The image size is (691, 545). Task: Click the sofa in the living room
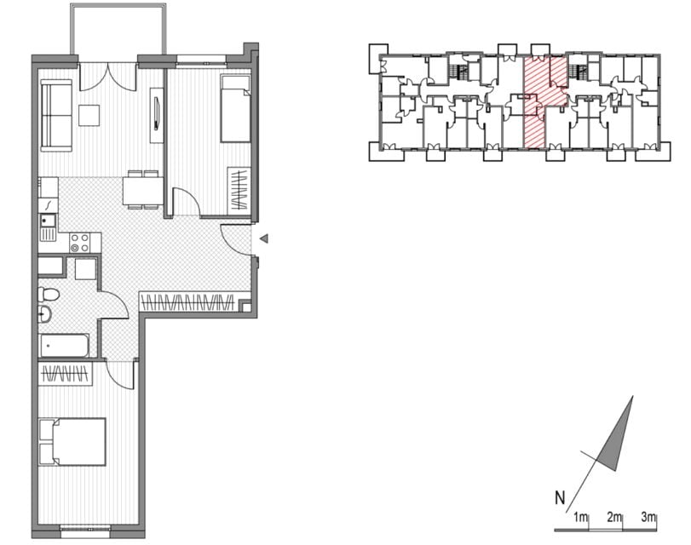(x=56, y=116)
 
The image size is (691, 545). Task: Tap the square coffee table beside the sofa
(x=89, y=115)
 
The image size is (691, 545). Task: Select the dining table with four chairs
(x=143, y=190)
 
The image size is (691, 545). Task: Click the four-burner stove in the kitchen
(x=80, y=243)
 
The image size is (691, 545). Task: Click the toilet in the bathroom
(x=48, y=295)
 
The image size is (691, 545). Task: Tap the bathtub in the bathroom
(x=65, y=346)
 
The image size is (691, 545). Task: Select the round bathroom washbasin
(x=44, y=314)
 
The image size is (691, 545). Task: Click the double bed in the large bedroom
(x=72, y=442)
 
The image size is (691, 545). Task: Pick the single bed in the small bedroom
(x=235, y=108)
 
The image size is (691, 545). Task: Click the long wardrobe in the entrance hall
(x=187, y=301)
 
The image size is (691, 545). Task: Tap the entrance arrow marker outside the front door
(x=264, y=239)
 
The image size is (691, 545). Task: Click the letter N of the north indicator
(x=560, y=498)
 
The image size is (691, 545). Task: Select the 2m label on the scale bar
(x=613, y=517)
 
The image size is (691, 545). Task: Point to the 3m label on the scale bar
(x=648, y=517)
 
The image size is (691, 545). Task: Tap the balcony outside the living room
(x=118, y=30)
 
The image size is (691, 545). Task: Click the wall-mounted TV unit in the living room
(x=157, y=115)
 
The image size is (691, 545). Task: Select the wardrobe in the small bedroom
(x=239, y=189)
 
